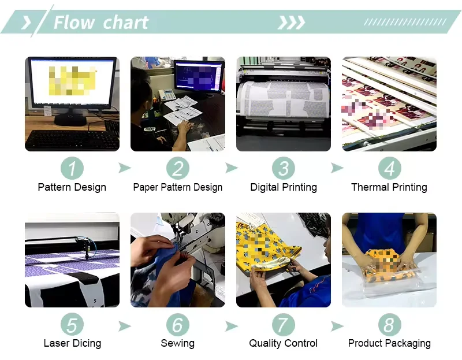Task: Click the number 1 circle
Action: (72, 168)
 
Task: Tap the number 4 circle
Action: (390, 168)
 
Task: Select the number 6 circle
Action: (178, 325)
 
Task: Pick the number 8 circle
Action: (390, 325)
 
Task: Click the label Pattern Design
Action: (72, 187)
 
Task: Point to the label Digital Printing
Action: (284, 187)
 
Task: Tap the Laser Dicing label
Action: (72, 343)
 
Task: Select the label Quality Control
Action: (284, 343)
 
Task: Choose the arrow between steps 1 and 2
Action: (124, 168)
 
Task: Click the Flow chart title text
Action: (101, 23)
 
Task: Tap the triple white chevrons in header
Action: (291, 23)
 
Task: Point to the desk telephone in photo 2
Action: (167, 95)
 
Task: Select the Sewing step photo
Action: (178, 260)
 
